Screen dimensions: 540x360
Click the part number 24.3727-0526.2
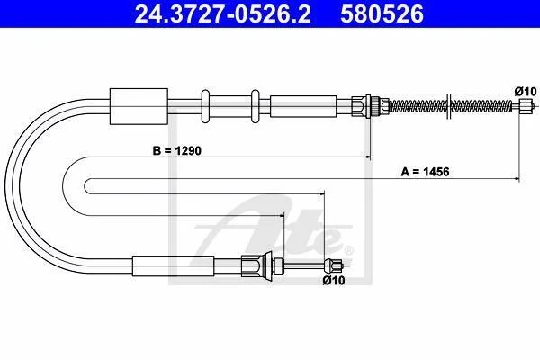pyautogui.click(x=222, y=14)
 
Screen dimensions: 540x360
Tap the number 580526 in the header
pyautogui.click(x=382, y=14)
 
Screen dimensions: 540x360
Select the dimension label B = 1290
pyautogui.click(x=177, y=150)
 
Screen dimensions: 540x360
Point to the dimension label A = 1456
pyautogui.click(x=426, y=172)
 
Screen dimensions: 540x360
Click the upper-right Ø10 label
pyautogui.click(x=526, y=92)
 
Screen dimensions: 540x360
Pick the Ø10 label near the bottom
pyautogui.click(x=334, y=281)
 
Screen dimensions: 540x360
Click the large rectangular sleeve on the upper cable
pyautogui.click(x=139, y=106)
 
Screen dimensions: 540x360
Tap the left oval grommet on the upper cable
pyautogui.click(x=205, y=106)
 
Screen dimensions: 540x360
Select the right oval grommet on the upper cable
pyautogui.click(x=256, y=106)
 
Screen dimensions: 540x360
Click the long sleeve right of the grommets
pyautogui.click(x=303, y=106)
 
